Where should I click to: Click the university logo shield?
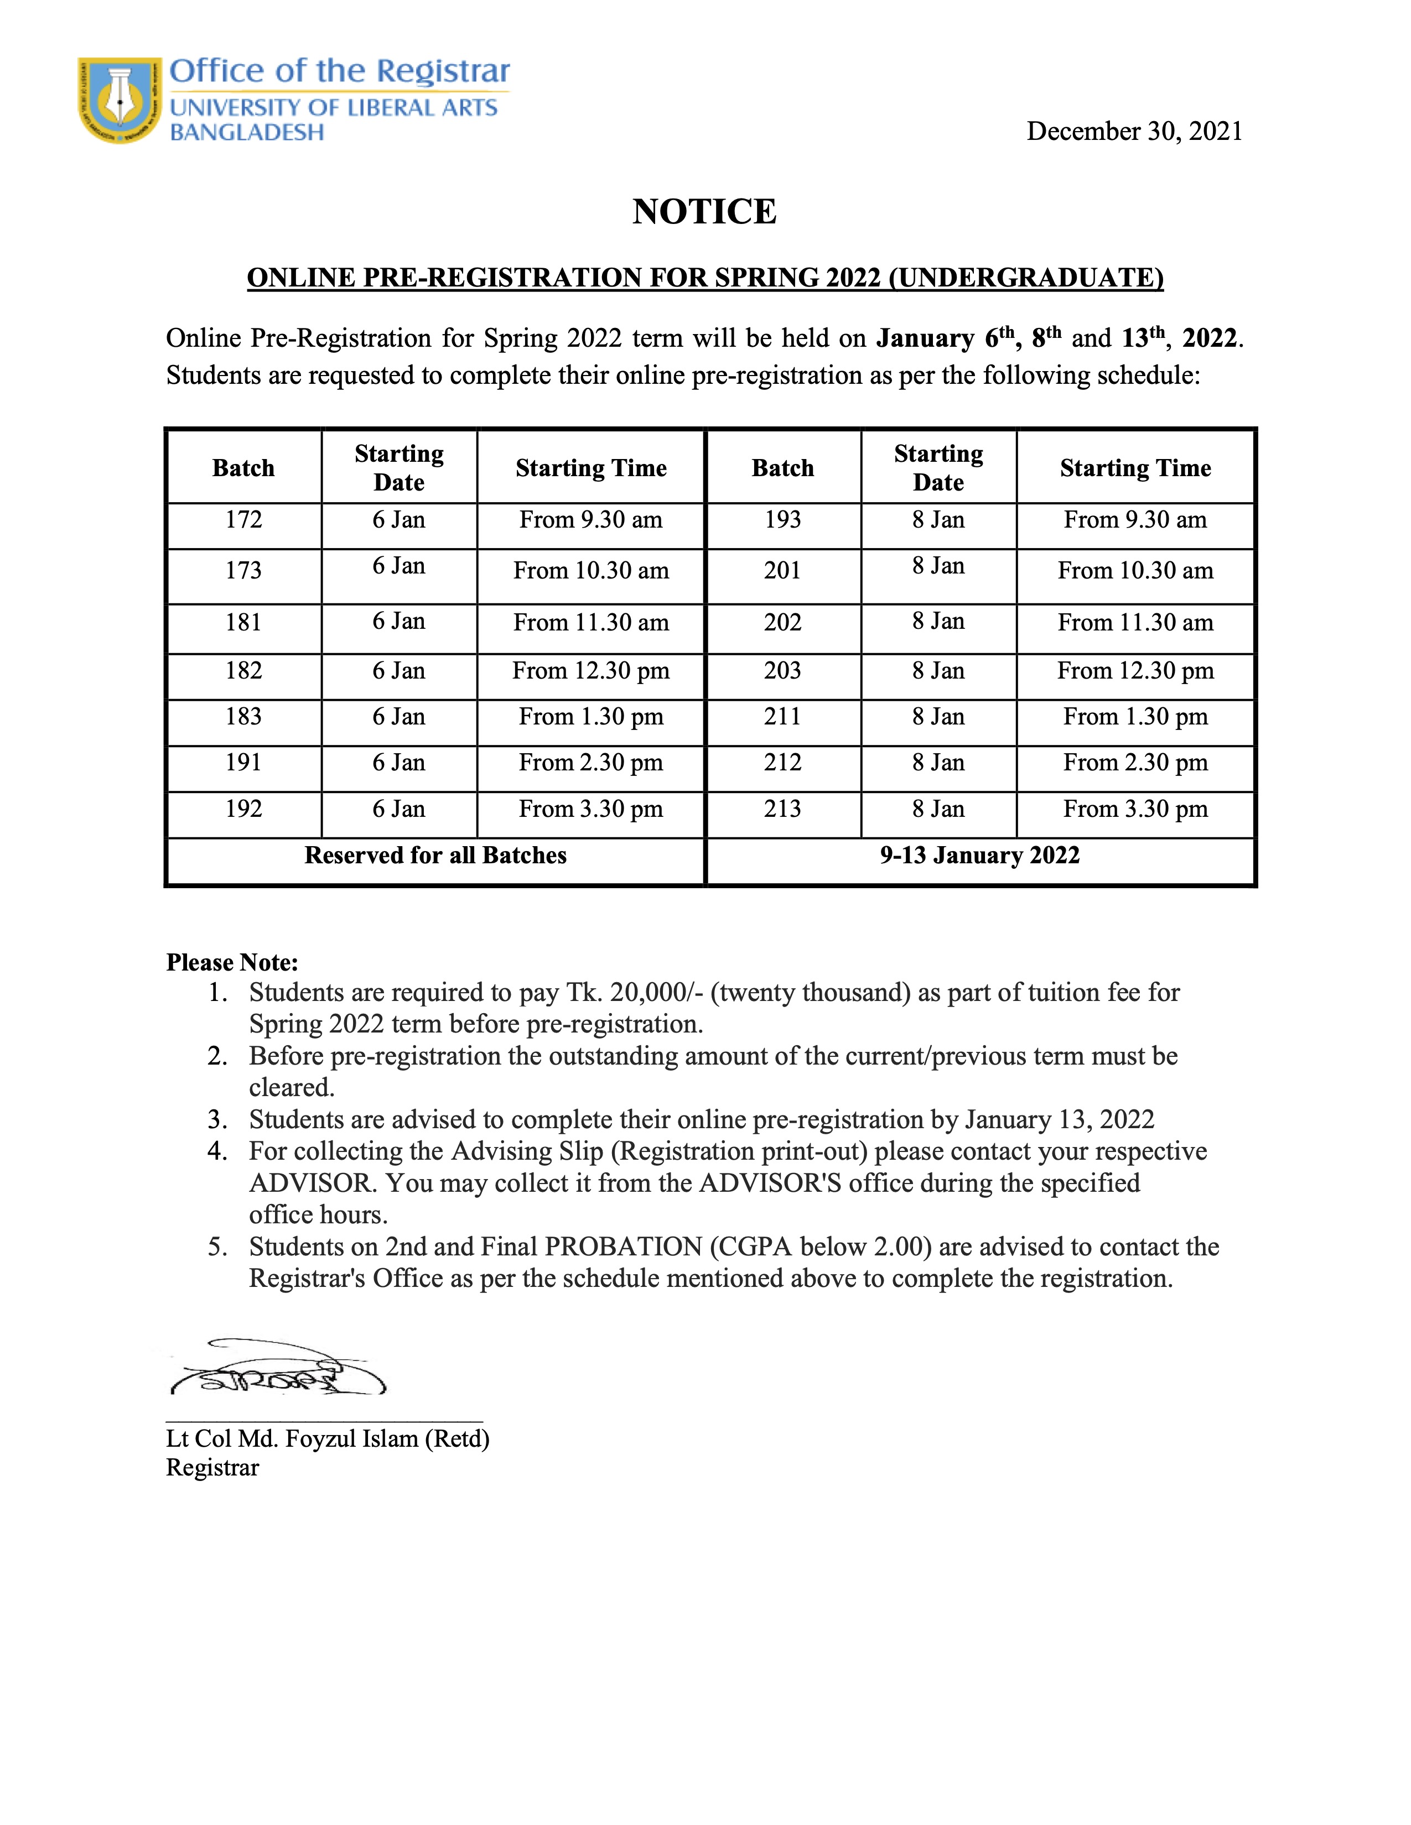point(120,100)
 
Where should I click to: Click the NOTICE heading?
point(704,211)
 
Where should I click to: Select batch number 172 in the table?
point(243,520)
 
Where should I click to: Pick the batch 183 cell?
point(243,717)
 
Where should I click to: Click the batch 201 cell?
point(782,571)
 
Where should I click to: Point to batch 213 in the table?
point(782,809)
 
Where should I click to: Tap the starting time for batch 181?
point(591,623)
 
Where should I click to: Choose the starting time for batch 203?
point(1135,671)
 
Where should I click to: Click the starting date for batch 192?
point(399,809)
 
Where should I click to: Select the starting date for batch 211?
point(938,717)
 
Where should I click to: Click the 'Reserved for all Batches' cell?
point(435,856)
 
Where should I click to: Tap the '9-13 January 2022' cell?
point(979,856)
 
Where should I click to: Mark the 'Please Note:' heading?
point(232,963)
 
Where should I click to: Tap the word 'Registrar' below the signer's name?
point(212,1468)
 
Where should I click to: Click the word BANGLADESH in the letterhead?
point(247,133)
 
